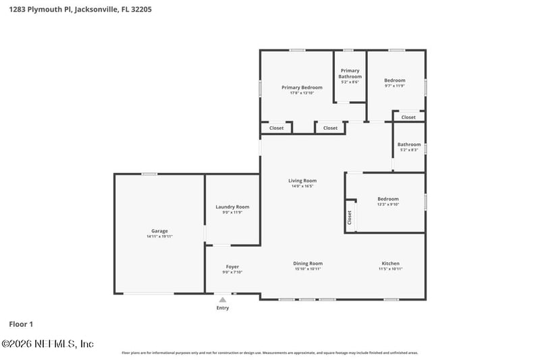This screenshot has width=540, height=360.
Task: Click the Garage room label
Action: (159, 231)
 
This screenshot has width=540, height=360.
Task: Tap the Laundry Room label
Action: (232, 207)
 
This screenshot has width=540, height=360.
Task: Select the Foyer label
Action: (232, 266)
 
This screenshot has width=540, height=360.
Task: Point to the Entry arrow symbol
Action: (222, 299)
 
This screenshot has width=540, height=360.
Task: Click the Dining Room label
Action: (308, 263)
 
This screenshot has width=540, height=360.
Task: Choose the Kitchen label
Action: (391, 263)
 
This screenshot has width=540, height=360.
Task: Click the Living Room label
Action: (302, 180)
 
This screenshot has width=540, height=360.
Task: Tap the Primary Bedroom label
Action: (302, 87)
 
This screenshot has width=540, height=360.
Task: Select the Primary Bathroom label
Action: (350, 73)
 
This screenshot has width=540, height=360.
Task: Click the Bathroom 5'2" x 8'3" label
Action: (409, 144)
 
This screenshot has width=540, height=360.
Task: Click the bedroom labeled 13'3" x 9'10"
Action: (388, 199)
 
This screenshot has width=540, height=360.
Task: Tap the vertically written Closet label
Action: (350, 217)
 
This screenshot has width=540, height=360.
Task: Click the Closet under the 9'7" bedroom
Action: (408, 118)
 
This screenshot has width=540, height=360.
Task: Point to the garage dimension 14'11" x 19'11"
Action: (159, 237)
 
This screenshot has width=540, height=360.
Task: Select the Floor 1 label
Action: (22, 324)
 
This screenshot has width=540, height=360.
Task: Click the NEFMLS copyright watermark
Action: (47, 344)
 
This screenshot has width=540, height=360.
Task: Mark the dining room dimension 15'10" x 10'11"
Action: (308, 269)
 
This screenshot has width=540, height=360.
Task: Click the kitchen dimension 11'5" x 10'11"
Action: (391, 269)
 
